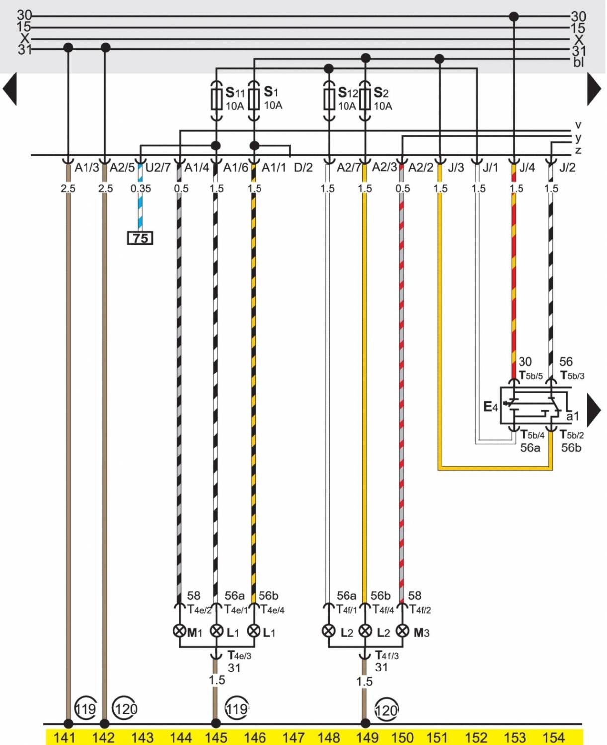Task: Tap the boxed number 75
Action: click(140, 238)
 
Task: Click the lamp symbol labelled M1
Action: click(179, 631)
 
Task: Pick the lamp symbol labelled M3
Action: click(402, 631)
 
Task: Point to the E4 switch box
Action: click(532, 405)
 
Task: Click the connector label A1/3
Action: click(87, 168)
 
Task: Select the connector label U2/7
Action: click(158, 168)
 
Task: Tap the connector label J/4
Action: click(527, 168)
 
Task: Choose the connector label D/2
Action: click(303, 168)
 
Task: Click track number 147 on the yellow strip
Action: click(293, 738)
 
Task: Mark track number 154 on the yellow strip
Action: click(553, 738)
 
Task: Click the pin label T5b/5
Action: click(531, 376)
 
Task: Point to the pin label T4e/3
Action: click(239, 656)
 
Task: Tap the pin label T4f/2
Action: click(420, 610)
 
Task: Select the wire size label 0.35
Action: click(141, 189)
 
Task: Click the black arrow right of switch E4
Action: click(594, 410)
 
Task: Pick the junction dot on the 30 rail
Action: click(514, 16)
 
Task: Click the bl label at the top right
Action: click(578, 62)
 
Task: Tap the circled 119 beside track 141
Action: click(85, 708)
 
